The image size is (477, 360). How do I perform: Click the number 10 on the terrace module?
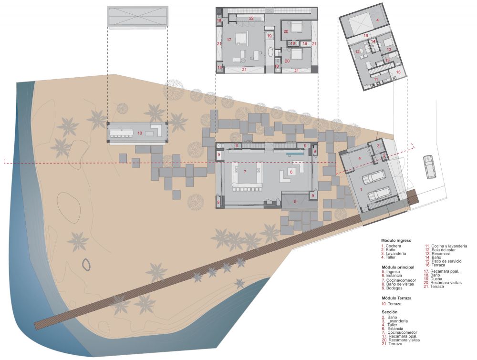(x=140, y=133)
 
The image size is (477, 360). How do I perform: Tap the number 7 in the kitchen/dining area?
(x=245, y=172)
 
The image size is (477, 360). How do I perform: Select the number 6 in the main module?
(x=291, y=172)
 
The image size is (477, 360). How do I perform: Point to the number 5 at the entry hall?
(x=295, y=202)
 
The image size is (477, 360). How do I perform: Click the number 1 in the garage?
(x=361, y=189)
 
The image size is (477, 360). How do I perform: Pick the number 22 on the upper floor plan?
(x=251, y=18)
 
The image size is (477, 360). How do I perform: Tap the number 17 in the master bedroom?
(x=229, y=40)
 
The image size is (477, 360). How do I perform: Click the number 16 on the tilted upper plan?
(x=366, y=36)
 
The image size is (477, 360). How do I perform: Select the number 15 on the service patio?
(x=398, y=72)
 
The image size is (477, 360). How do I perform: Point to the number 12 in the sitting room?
(x=357, y=51)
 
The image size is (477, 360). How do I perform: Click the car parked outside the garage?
(x=429, y=167)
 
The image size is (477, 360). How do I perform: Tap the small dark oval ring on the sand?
(x=86, y=265)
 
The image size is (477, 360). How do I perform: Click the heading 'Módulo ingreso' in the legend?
(x=396, y=240)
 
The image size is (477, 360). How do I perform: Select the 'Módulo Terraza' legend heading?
(x=396, y=298)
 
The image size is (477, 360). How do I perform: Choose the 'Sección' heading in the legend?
(x=390, y=312)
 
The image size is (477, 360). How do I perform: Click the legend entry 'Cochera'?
(x=394, y=246)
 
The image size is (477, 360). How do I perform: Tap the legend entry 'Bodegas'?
(x=394, y=288)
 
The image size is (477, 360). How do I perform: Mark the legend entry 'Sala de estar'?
(x=444, y=250)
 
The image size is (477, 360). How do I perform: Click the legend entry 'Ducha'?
(x=436, y=279)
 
